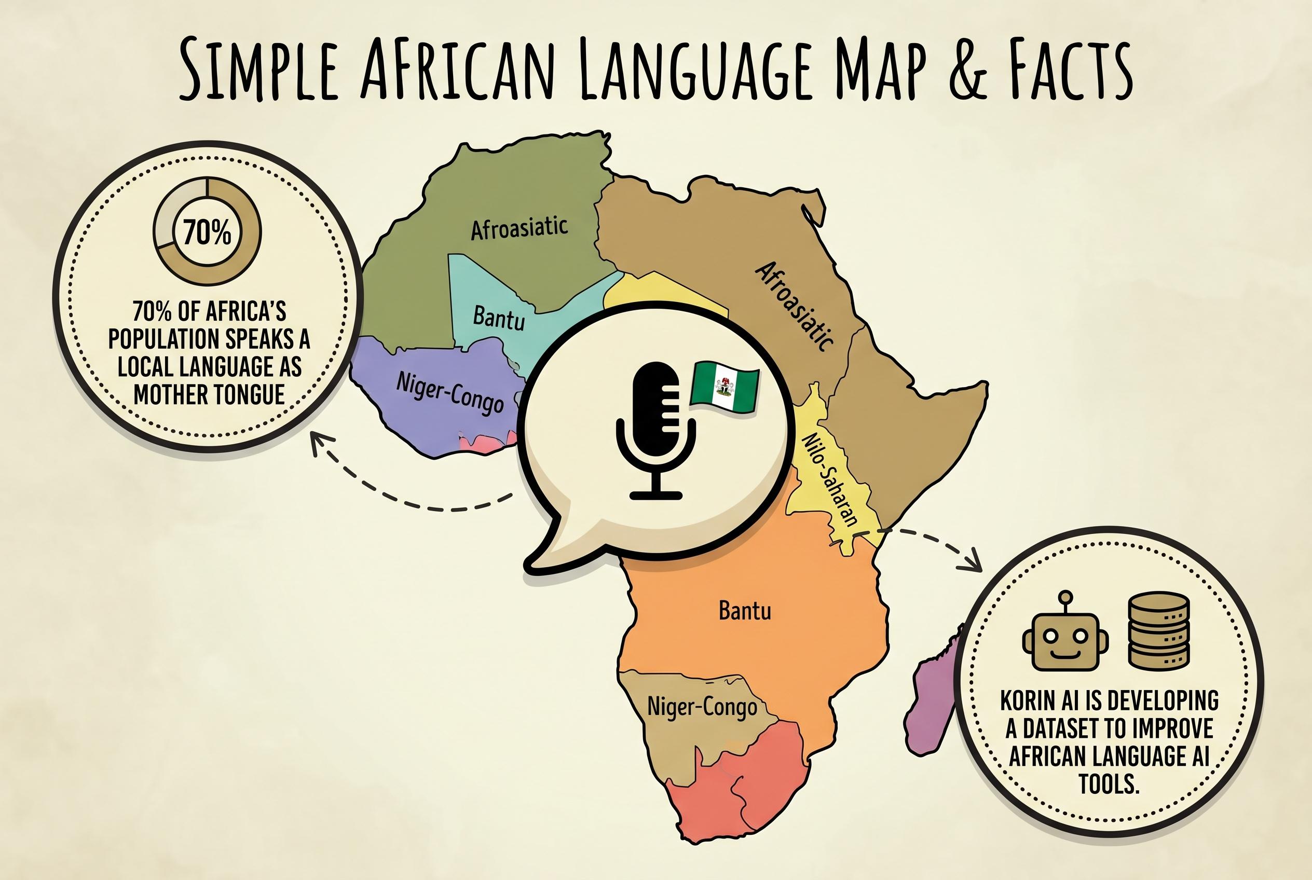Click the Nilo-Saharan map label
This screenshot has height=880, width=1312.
(x=830, y=480)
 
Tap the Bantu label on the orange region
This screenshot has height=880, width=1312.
(x=745, y=611)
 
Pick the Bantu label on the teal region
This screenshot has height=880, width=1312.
(x=499, y=318)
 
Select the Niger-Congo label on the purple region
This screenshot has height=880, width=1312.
(x=449, y=392)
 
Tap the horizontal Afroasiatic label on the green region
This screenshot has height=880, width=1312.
(x=519, y=228)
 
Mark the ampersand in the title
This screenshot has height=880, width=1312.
(x=967, y=70)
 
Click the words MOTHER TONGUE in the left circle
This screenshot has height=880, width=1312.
(x=209, y=394)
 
